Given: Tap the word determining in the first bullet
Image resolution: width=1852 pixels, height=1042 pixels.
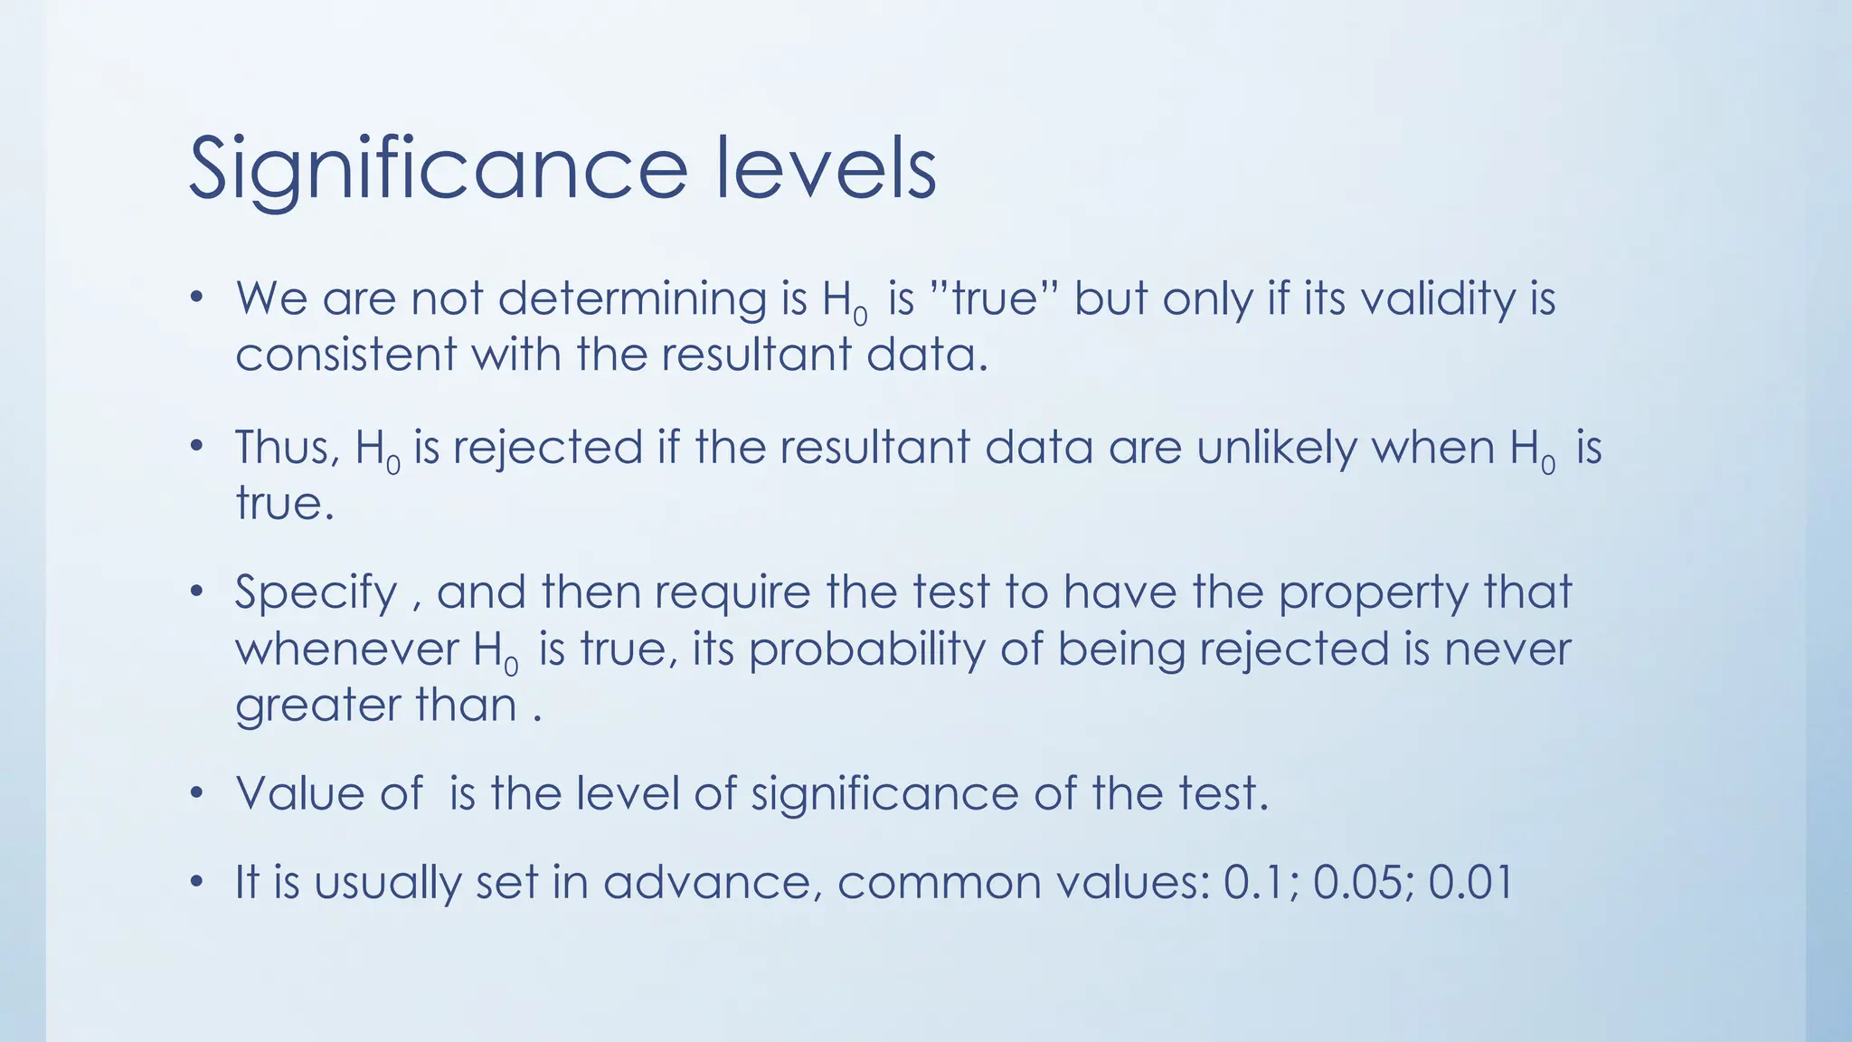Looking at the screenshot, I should pyautogui.click(x=632, y=298).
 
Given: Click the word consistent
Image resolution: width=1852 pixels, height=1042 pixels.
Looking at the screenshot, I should pyautogui.click(x=345, y=354).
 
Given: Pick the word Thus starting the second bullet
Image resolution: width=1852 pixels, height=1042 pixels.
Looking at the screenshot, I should pyautogui.click(x=287, y=448).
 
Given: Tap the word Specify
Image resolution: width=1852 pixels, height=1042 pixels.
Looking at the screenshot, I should pyautogui.click(x=316, y=594).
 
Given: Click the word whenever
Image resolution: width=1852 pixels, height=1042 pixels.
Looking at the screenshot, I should pyautogui.click(x=347, y=649).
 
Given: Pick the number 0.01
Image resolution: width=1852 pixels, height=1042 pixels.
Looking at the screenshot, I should pyautogui.click(x=1470, y=882).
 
